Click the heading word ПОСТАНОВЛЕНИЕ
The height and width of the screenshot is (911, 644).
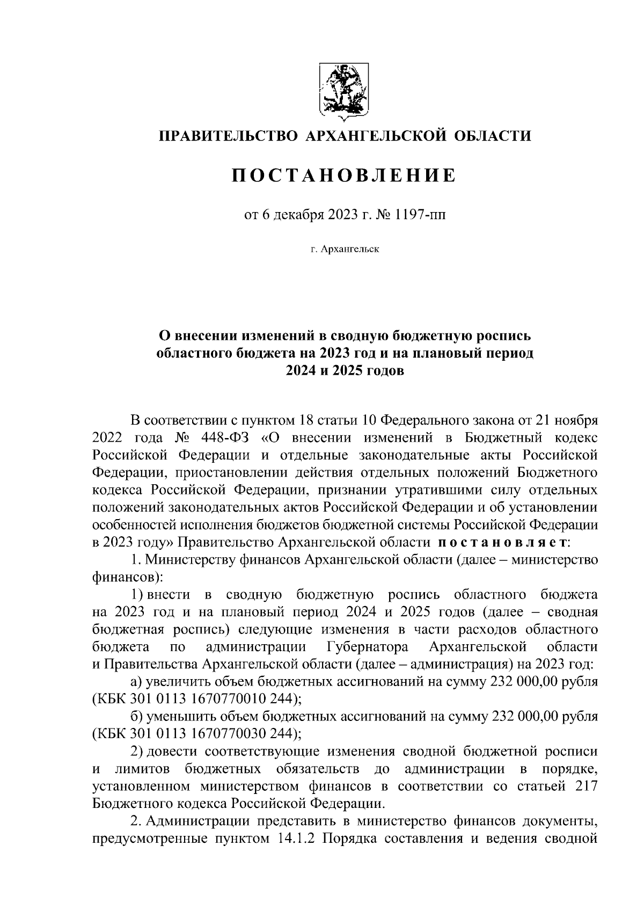344,175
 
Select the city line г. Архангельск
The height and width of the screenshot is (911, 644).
344,250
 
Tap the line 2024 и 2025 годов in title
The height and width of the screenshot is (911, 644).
344,371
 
